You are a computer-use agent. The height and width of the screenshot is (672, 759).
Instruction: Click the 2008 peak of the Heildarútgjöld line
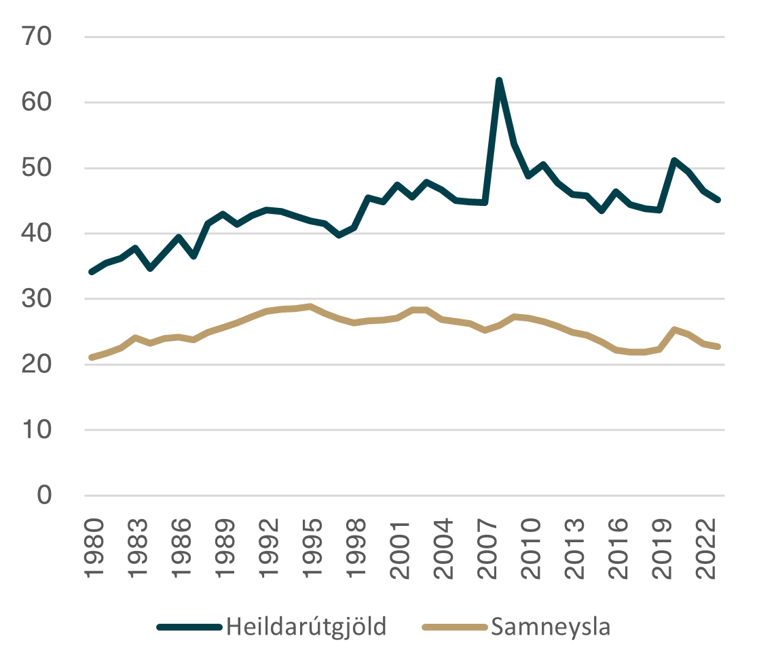[x=499, y=79]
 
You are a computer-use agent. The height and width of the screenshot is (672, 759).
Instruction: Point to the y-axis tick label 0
[x=44, y=495]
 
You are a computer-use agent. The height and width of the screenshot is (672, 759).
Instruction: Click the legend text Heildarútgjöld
[x=307, y=626]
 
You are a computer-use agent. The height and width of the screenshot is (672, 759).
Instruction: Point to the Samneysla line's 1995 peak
[x=310, y=306]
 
